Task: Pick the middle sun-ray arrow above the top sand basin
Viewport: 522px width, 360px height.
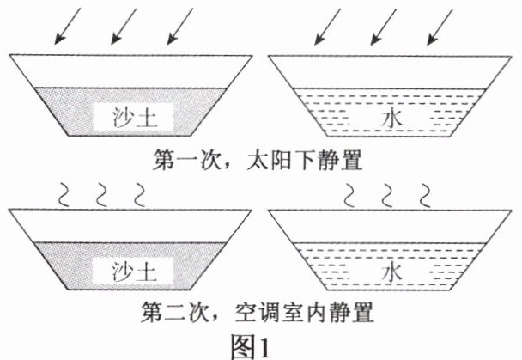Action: point(125,26)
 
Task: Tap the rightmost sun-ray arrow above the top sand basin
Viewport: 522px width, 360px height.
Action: point(182,26)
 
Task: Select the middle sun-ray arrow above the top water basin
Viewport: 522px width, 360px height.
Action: point(385,26)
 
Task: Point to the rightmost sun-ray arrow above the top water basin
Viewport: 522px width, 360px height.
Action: point(440,26)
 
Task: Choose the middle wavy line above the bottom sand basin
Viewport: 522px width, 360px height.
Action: point(100,195)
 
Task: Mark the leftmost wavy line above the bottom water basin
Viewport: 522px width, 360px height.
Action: point(351,195)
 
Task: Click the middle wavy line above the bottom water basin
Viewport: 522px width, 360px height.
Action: point(388,195)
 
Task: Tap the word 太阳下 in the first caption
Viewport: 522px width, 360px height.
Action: point(272,160)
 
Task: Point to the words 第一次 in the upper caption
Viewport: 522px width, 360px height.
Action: point(175,160)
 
